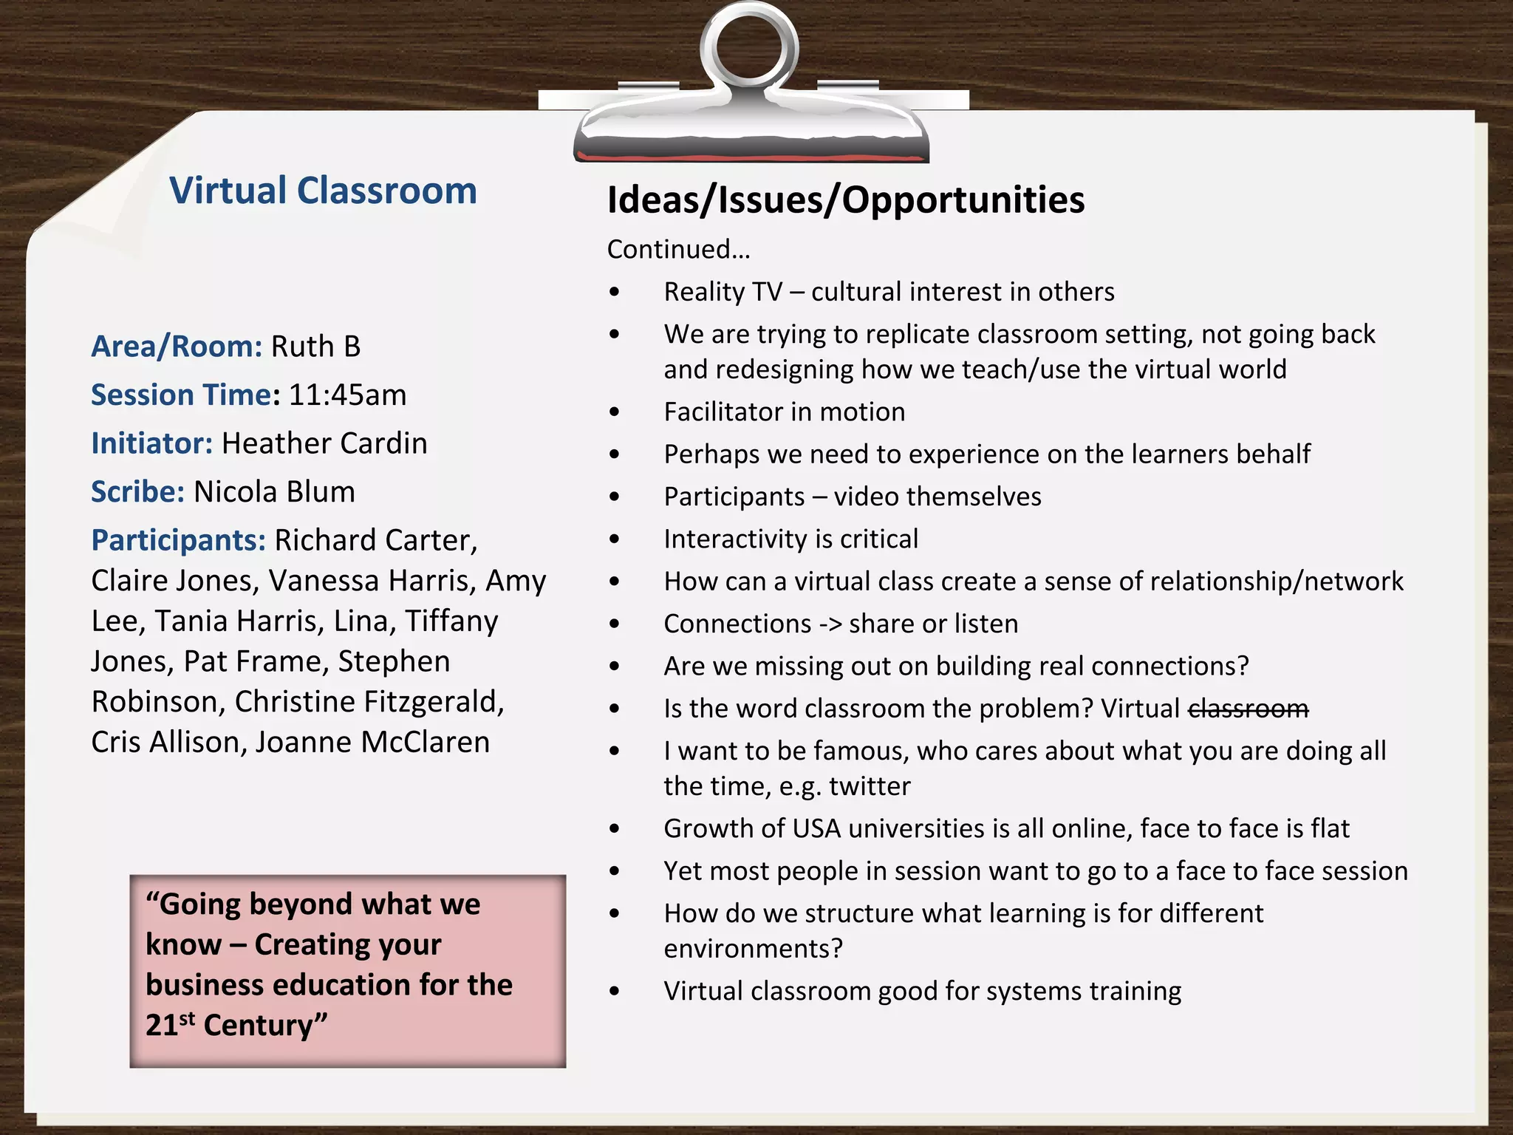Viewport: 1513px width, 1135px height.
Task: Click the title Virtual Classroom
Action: (323, 191)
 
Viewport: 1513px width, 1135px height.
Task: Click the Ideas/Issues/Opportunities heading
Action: (845, 200)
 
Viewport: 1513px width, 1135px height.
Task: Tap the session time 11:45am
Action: (347, 395)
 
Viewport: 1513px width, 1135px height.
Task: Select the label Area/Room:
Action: (177, 347)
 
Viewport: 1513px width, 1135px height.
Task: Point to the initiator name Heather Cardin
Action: (324, 443)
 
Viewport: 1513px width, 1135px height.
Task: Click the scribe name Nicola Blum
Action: (274, 492)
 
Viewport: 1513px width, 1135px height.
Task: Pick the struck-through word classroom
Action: (1248, 709)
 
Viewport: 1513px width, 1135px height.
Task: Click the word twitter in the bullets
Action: (870, 786)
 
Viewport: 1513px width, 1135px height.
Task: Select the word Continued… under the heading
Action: (678, 250)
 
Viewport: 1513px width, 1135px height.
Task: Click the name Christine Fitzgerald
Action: (369, 702)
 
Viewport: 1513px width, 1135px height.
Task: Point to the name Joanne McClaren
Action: (372, 742)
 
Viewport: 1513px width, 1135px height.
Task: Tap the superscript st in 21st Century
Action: (187, 1018)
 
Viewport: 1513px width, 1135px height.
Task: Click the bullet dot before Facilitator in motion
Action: (615, 412)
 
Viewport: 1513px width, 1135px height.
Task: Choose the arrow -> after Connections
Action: (830, 624)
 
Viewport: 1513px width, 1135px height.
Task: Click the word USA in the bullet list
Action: (816, 829)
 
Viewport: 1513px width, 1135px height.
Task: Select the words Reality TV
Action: (723, 293)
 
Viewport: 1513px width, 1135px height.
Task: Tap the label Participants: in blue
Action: (178, 541)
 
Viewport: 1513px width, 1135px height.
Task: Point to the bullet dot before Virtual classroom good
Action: (615, 992)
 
